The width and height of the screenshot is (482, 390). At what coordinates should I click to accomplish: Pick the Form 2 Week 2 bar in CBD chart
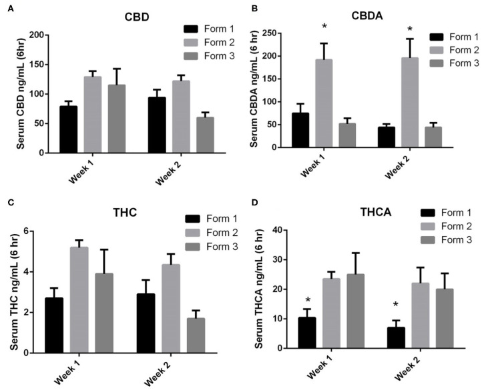[x=173, y=117]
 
